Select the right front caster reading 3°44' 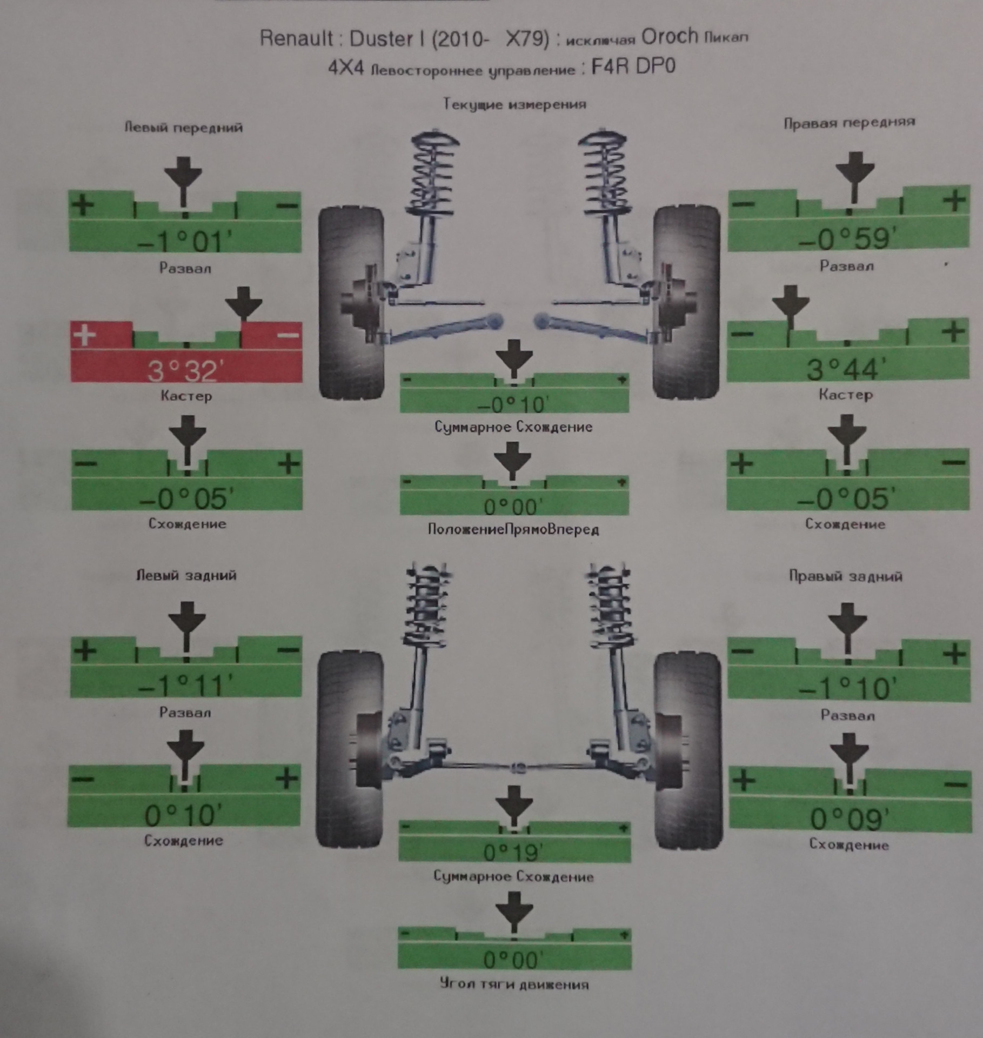pyautogui.click(x=846, y=369)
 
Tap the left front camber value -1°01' pyautogui.click(x=184, y=241)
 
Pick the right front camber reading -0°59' pyautogui.click(x=847, y=238)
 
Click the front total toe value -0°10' pyautogui.click(x=513, y=404)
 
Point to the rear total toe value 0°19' pyautogui.click(x=513, y=853)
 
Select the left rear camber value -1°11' pyautogui.click(x=185, y=686)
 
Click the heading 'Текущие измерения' pyautogui.click(x=514, y=104)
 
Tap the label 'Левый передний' pyautogui.click(x=184, y=128)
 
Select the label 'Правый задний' pyautogui.click(x=845, y=576)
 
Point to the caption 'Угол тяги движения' pyautogui.click(x=514, y=984)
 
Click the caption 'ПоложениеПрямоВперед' pyautogui.click(x=513, y=529)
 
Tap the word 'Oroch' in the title pyautogui.click(x=669, y=37)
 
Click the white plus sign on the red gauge pyautogui.click(x=85, y=335)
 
